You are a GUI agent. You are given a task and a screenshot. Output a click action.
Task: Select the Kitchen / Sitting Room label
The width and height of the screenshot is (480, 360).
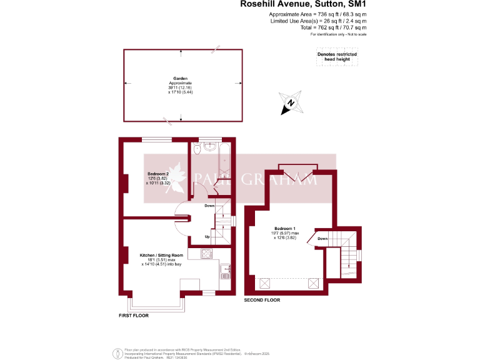(x=161, y=255)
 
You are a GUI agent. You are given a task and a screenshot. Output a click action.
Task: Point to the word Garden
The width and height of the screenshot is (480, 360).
(x=181, y=79)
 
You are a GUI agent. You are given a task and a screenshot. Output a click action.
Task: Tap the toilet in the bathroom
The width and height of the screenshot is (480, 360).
(x=197, y=149)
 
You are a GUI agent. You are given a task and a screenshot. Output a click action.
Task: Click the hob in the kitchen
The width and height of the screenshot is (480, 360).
(x=207, y=254)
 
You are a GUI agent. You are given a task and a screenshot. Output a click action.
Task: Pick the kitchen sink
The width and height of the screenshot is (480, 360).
(x=225, y=274)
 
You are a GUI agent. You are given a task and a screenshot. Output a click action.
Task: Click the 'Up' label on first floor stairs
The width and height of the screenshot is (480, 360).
(x=207, y=236)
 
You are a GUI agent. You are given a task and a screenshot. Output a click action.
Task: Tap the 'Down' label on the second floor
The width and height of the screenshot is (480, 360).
(x=322, y=239)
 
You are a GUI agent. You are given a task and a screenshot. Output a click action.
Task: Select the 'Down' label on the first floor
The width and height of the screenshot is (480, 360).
(x=210, y=206)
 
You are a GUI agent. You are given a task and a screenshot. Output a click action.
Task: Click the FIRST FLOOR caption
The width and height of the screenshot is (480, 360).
(x=134, y=316)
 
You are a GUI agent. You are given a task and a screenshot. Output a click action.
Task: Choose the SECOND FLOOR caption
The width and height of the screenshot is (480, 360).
(x=262, y=301)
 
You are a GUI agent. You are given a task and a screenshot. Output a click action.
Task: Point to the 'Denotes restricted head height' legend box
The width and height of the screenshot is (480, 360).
(x=337, y=57)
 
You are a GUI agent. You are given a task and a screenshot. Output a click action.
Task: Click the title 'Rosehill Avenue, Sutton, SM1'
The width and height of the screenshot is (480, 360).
(x=303, y=4)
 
